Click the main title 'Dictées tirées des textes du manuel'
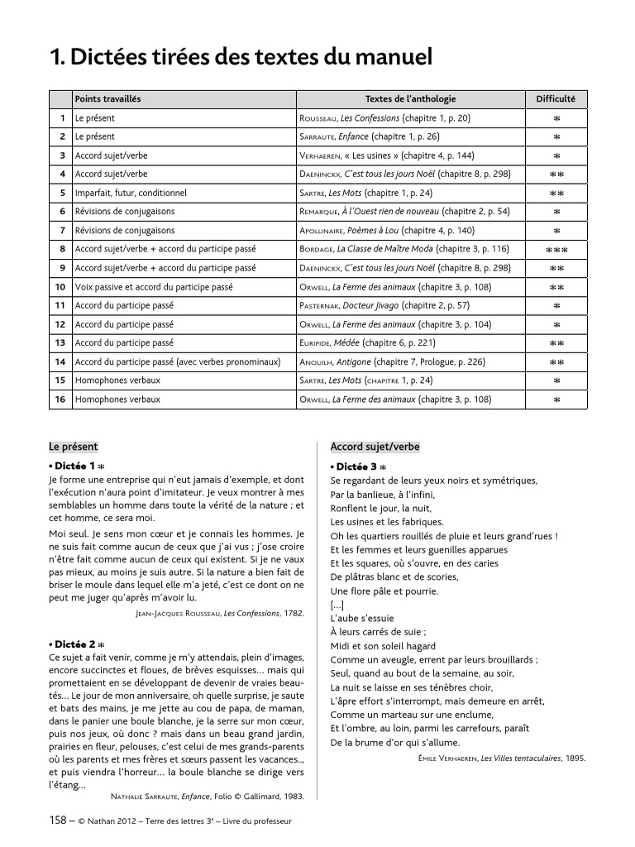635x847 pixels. pos(241,57)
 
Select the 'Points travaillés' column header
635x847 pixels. pos(107,99)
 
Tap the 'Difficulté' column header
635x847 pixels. pos(556,99)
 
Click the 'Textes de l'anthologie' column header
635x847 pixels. pos(410,99)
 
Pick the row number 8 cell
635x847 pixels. pos(60,249)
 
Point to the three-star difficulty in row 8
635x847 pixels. pos(556,250)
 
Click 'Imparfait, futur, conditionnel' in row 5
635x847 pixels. pos(131,193)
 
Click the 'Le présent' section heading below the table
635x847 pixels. pos(74,447)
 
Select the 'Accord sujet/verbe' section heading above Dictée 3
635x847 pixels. pos(375,447)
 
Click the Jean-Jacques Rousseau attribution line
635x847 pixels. pos(218,614)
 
